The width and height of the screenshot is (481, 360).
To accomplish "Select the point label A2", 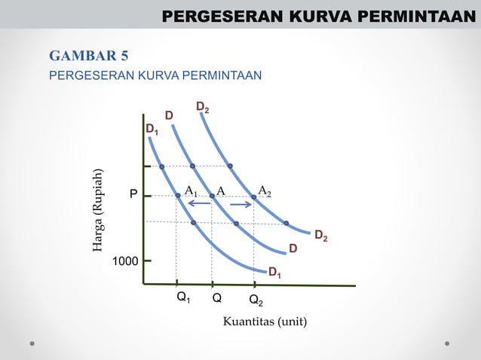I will click(x=265, y=191).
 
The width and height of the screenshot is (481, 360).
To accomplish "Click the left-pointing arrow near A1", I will click(x=199, y=204).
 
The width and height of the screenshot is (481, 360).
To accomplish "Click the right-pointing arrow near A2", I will click(x=241, y=204).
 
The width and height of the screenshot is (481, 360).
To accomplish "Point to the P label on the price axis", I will click(x=133, y=196).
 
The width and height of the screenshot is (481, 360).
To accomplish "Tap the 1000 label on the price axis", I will click(x=125, y=261).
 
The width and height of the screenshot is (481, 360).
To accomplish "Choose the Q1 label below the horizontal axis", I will click(x=182, y=298).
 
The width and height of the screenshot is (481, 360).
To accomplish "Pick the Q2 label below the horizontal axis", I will click(x=256, y=301).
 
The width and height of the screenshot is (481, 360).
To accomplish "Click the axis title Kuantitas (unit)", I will click(x=265, y=322).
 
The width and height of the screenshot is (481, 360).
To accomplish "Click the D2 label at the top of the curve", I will click(x=203, y=108).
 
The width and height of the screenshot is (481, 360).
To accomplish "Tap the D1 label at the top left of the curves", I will click(x=152, y=131).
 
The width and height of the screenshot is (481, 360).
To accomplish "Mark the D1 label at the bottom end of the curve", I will click(x=275, y=272).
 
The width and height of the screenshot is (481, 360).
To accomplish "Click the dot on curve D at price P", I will click(x=213, y=196).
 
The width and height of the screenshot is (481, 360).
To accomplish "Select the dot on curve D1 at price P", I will click(x=178, y=196).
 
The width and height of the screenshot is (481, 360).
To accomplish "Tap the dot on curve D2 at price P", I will click(x=254, y=197).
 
